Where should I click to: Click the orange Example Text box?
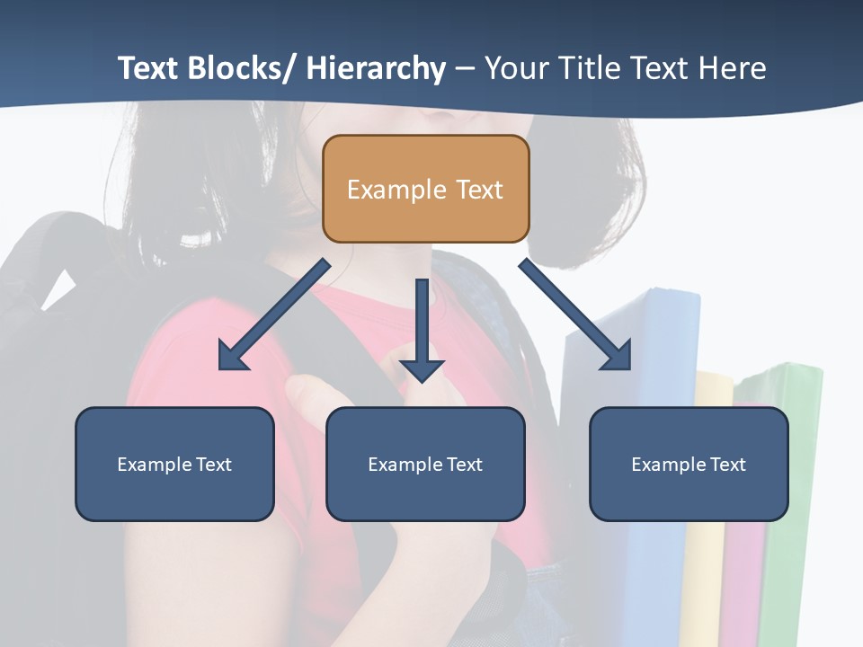click(x=425, y=189)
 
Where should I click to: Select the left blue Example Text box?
click(x=174, y=464)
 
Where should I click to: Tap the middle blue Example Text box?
click(x=425, y=464)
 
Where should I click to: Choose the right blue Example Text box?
click(x=689, y=464)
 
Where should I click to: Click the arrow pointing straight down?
click(x=422, y=332)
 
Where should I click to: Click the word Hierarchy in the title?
click(x=375, y=68)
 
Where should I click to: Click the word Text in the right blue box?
click(x=728, y=464)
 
